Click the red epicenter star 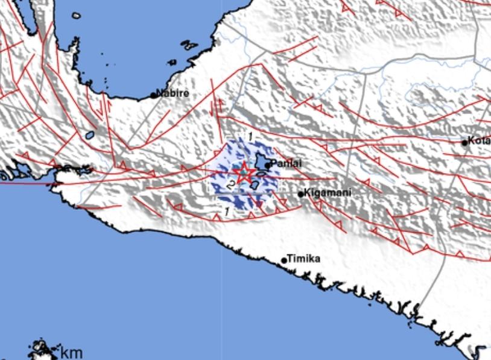[244, 173]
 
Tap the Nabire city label [174, 93]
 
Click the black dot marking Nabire [154, 95]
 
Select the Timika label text [303, 259]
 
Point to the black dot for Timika [284, 261]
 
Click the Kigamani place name [328, 193]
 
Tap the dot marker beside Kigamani [301, 194]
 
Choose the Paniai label [286, 163]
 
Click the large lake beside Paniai [262, 163]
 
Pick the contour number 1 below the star [226, 211]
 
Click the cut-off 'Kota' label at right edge [480, 141]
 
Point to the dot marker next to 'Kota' [464, 143]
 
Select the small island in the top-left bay [76, 16]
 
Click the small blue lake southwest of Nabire [90, 136]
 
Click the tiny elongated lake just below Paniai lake [262, 175]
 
